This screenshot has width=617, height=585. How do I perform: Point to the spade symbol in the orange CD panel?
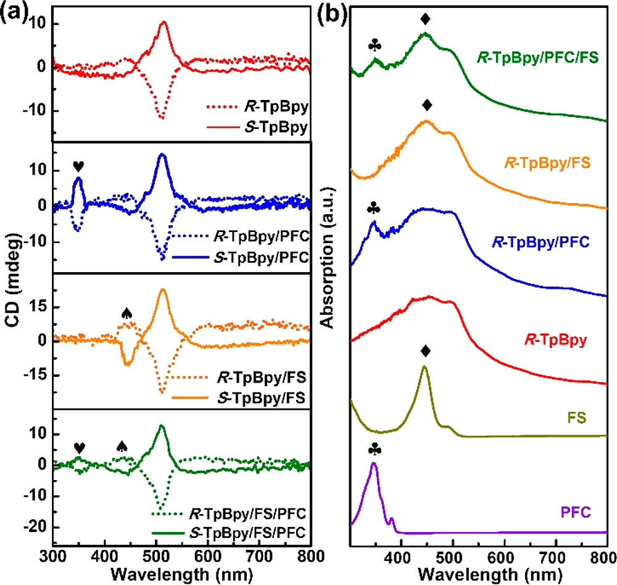click(x=126, y=313)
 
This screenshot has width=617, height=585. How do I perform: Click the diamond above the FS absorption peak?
click(x=425, y=351)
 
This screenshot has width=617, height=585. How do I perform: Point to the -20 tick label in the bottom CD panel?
click(x=36, y=526)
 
